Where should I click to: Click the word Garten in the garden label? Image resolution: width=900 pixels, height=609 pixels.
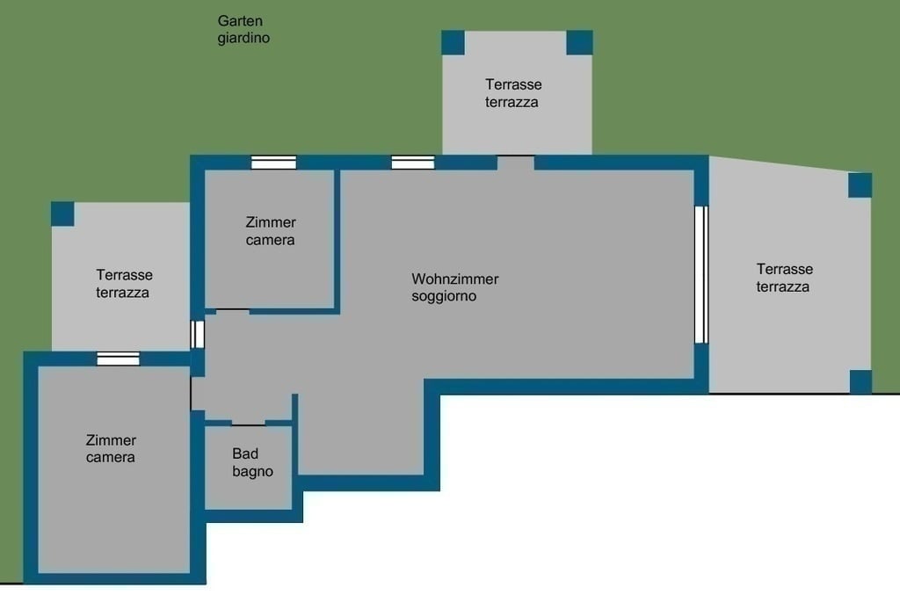240,21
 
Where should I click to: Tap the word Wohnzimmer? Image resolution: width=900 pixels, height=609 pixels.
454,279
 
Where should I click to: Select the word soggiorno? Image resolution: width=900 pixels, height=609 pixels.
444,297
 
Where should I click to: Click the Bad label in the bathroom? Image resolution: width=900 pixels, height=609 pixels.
245,453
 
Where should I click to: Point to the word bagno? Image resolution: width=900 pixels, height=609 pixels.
252,472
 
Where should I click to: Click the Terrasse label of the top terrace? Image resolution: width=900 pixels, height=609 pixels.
513,84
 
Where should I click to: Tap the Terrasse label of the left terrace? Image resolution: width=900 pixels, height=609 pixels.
124,275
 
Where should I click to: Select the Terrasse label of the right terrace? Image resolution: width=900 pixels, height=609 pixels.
785,269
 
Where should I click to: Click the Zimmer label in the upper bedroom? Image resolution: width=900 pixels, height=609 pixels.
271,222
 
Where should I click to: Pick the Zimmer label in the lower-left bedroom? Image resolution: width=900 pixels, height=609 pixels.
111,440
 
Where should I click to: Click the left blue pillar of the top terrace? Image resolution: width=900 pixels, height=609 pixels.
453,42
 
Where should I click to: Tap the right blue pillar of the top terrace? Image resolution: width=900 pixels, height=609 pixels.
580,42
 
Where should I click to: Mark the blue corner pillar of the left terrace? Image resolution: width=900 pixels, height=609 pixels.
62,214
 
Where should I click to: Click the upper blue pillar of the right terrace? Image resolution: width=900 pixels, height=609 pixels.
860,185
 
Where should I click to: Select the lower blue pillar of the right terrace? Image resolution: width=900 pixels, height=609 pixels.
860,381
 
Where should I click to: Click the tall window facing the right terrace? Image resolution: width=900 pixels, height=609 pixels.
700,275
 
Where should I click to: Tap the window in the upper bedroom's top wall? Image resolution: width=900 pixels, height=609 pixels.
274,163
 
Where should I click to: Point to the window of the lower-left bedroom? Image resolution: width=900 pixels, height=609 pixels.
119,359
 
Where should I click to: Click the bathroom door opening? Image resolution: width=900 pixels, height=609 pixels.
248,424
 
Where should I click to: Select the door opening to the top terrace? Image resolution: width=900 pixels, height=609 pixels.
515,163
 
